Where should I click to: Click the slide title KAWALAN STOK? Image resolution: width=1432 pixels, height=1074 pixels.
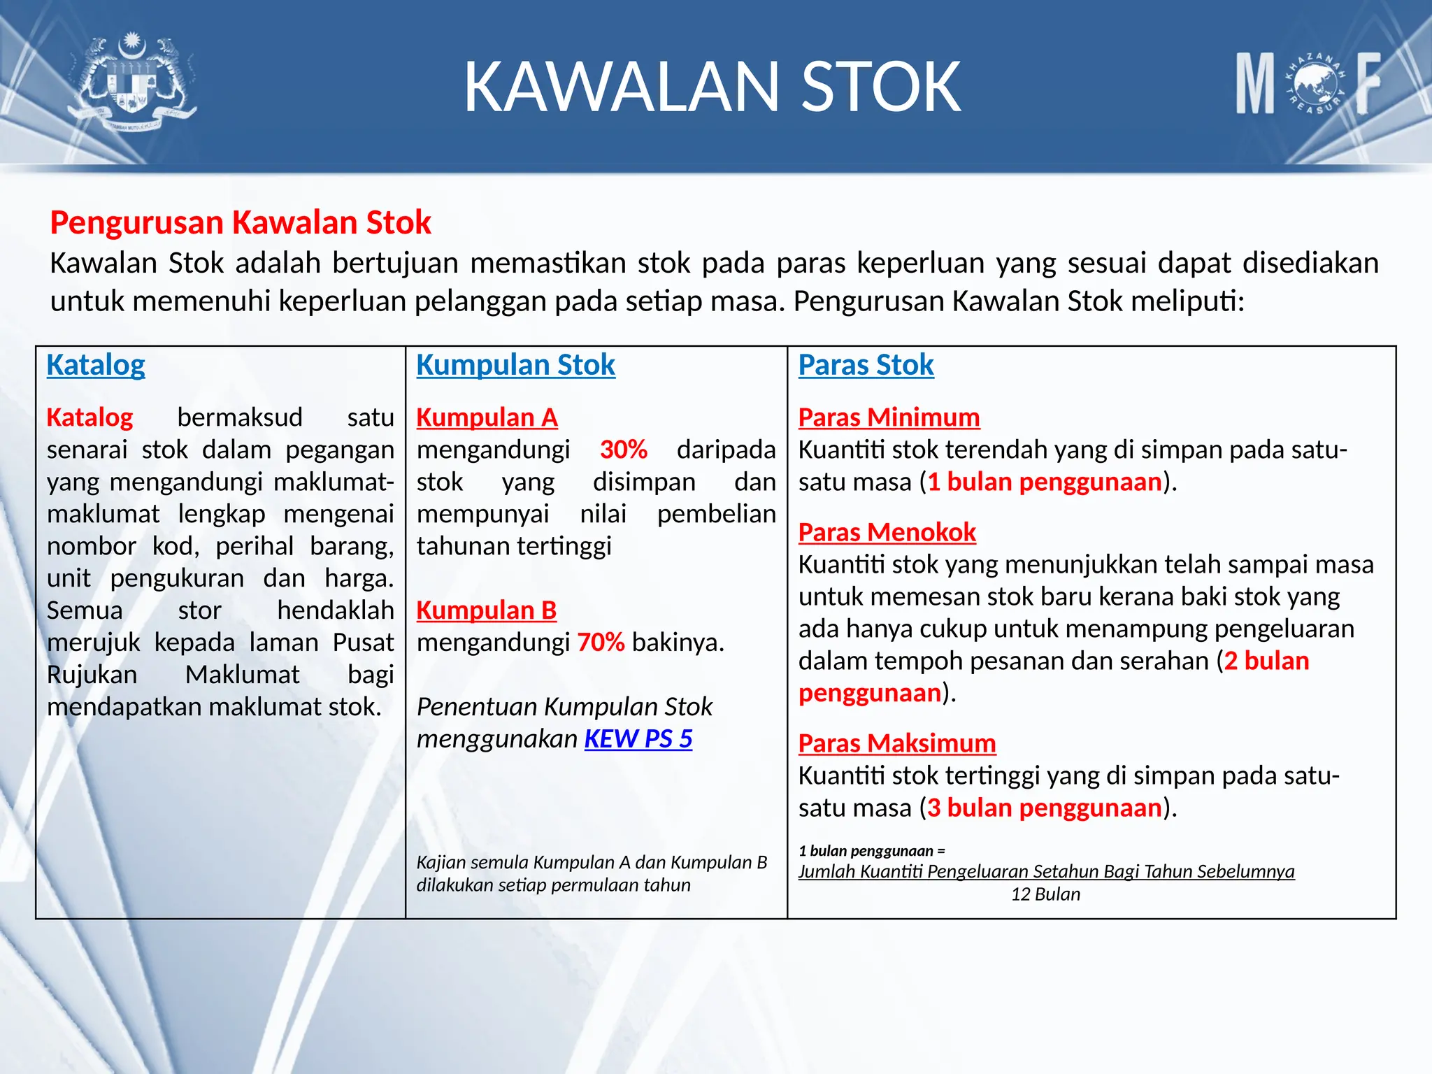[712, 87]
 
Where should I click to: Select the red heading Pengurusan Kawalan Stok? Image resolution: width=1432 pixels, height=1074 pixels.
[241, 222]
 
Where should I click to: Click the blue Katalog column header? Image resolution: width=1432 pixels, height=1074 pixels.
[96, 365]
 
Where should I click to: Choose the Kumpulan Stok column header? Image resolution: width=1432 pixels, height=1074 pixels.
[515, 365]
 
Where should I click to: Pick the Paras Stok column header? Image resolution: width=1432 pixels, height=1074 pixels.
[866, 365]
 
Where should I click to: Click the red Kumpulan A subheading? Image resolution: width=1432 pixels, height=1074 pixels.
[487, 417]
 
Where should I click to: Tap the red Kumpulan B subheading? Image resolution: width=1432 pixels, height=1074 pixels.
[486, 610]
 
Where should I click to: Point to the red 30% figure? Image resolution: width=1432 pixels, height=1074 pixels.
[623, 450]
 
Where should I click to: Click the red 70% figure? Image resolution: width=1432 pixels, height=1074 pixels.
[601, 643]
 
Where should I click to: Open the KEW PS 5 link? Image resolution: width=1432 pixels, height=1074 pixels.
[638, 739]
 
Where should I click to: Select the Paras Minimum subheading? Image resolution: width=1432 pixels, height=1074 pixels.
[889, 417]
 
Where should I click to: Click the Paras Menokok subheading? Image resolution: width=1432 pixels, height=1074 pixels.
[887, 533]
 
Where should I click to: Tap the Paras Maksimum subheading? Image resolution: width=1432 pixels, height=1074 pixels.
[896, 743]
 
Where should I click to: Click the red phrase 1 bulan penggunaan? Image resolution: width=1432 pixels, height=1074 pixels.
[1044, 482]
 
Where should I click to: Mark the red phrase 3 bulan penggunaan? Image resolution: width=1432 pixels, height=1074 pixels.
[1044, 808]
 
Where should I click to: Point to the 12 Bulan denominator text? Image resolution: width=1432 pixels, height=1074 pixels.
[1045, 894]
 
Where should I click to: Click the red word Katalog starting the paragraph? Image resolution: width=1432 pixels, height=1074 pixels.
[89, 417]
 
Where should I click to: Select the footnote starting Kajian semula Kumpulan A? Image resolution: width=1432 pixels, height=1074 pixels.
[591, 873]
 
